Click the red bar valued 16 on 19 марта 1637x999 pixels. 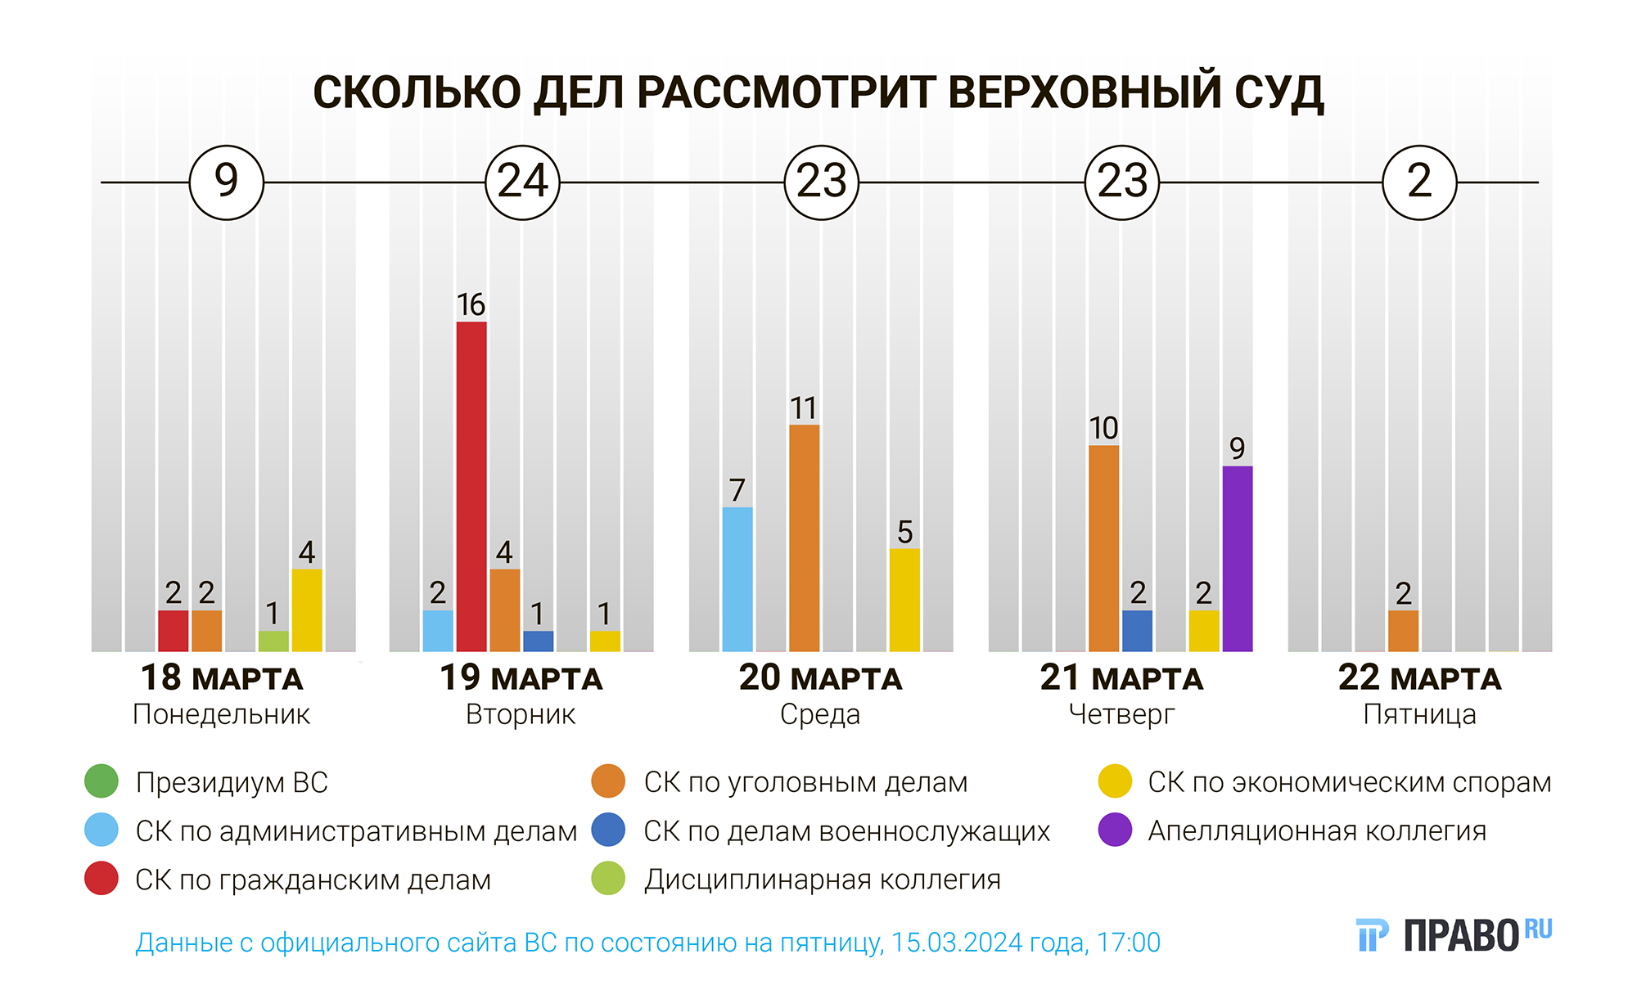(471, 486)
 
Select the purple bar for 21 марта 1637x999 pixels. (1237, 559)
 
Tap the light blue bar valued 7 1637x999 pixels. (737, 579)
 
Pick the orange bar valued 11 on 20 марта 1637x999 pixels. (804, 538)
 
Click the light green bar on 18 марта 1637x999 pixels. (273, 641)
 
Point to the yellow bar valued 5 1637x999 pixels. (904, 600)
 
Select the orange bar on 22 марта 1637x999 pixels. (1404, 631)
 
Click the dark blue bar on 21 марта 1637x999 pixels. (1137, 631)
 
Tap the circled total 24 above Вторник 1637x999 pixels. (522, 182)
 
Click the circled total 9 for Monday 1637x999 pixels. (226, 182)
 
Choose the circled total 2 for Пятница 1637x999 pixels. (1419, 182)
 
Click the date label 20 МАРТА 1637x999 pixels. (820, 678)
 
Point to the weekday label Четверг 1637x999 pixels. (1121, 714)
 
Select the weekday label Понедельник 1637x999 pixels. (221, 714)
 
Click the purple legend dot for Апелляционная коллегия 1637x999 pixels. (1115, 830)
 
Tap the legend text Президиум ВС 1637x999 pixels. (232, 782)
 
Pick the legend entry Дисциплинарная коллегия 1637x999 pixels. (822, 880)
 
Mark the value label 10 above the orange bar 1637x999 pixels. (1103, 428)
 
